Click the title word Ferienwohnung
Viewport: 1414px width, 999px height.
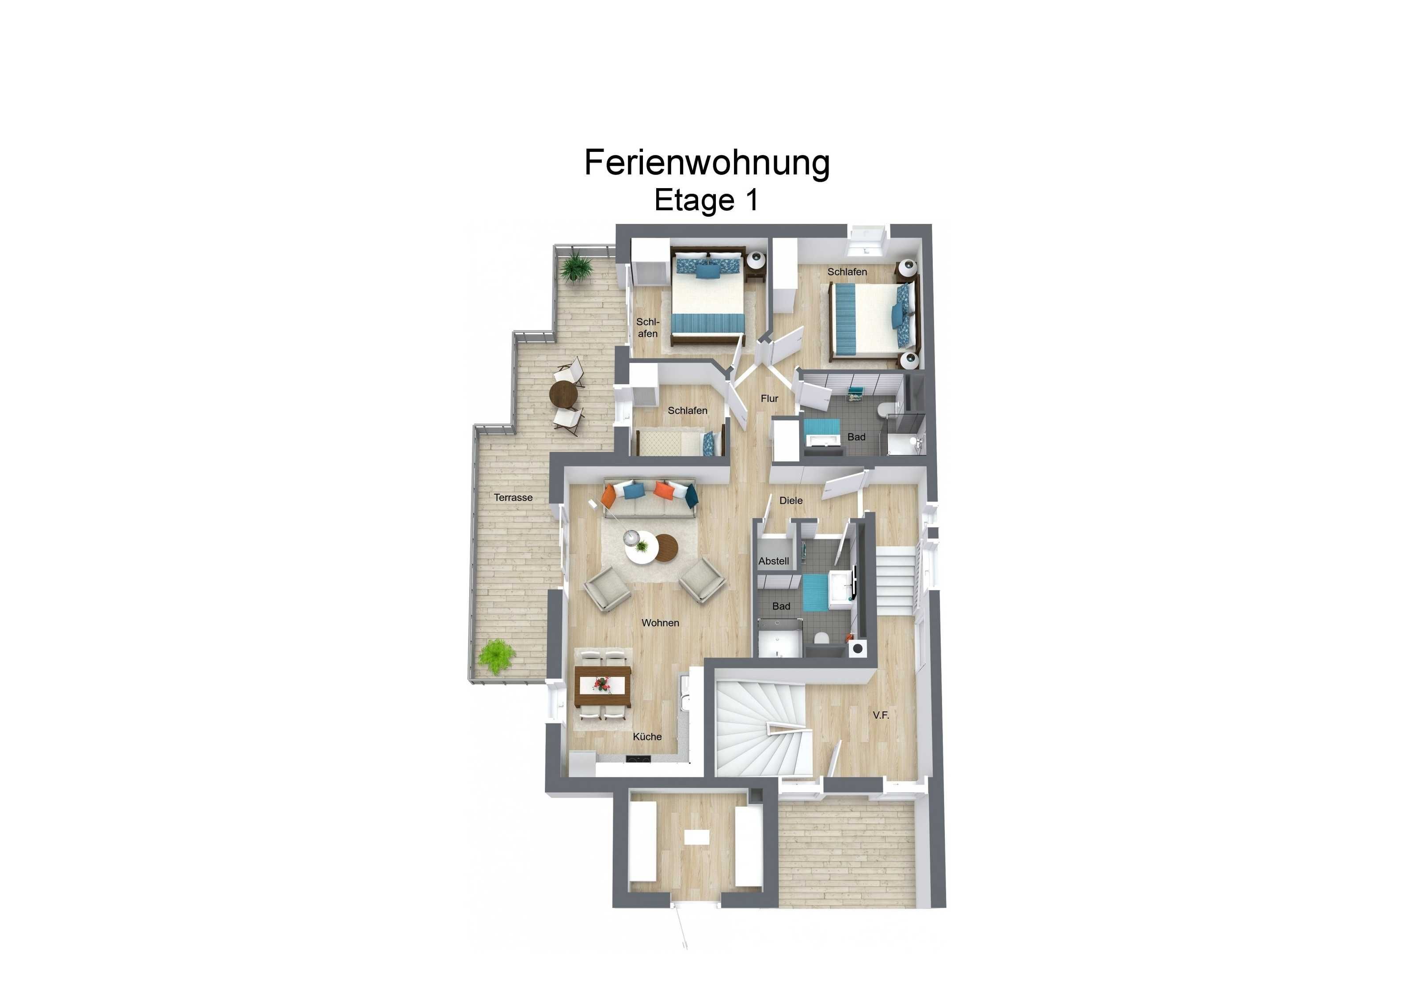[707, 163]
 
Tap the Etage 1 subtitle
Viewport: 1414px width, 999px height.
[707, 201]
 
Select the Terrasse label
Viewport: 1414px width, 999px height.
[513, 497]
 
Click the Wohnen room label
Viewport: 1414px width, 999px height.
[660, 623]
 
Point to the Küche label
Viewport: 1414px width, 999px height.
[647, 736]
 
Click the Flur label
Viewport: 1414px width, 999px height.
[769, 398]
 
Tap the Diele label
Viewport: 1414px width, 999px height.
[791, 500]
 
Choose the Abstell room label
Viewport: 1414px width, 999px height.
[774, 561]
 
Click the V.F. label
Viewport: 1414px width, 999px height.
[881, 715]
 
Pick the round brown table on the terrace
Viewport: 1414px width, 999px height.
[564, 394]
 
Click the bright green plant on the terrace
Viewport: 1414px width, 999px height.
[496, 656]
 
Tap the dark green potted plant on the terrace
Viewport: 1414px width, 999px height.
[577, 266]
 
